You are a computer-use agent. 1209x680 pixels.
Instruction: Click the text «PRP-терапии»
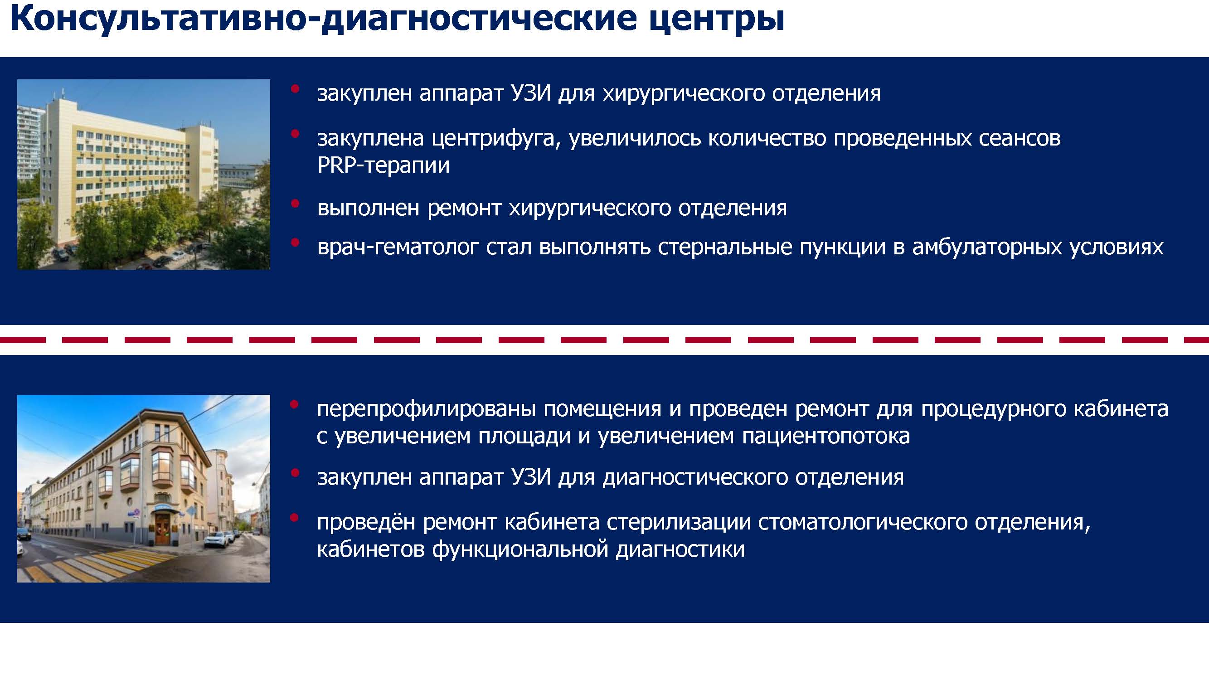384,165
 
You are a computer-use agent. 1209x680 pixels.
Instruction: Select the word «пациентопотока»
826,436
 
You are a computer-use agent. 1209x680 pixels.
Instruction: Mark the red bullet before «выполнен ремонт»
295,204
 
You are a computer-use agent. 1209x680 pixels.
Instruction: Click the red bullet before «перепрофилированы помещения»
295,404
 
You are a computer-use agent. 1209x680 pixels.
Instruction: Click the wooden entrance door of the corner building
163,529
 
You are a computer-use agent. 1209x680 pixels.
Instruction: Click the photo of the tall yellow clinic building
144,174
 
